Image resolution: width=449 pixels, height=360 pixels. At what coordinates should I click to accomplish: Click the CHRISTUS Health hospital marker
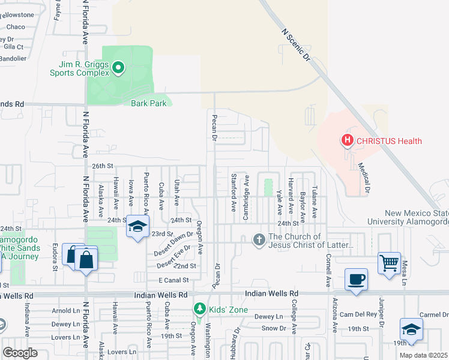click(x=347, y=142)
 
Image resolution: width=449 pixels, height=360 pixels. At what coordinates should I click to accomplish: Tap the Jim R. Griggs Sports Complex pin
click(x=118, y=69)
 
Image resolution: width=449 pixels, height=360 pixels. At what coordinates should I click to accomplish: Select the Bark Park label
click(x=148, y=103)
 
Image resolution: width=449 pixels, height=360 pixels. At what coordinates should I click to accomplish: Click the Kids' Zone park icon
click(x=199, y=308)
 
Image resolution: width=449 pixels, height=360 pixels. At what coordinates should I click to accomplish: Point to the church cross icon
click(x=259, y=240)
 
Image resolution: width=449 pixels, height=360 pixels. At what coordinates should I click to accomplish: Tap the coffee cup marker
click(x=356, y=279)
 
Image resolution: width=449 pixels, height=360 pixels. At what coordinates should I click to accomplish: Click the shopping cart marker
click(x=389, y=262)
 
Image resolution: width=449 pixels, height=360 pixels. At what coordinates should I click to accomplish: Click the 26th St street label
click(x=102, y=166)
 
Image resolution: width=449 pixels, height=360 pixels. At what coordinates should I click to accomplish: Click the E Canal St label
click(x=173, y=280)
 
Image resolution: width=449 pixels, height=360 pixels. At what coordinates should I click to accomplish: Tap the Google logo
click(x=20, y=352)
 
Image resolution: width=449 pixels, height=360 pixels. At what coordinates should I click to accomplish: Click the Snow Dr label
click(x=274, y=328)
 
